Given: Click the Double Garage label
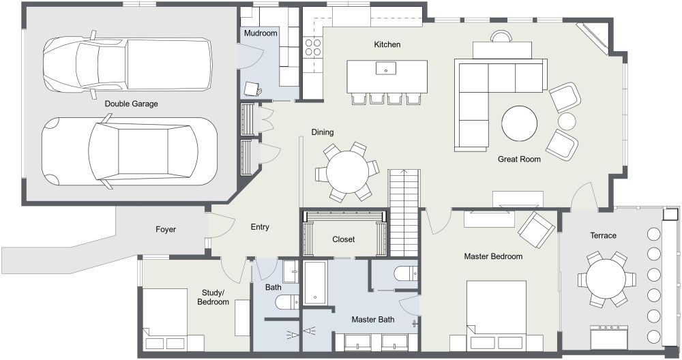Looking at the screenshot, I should click(131, 104).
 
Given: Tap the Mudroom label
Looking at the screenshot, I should click(260, 33).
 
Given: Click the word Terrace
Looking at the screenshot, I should click(603, 236).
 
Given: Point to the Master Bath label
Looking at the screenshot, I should click(372, 319).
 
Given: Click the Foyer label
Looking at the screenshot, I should click(166, 230).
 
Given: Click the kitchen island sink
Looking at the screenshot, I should click(387, 68).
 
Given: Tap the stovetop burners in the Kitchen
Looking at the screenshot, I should click(312, 48).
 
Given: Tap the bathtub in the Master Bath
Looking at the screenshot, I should click(316, 283).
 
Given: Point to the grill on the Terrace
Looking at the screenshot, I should click(608, 336).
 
